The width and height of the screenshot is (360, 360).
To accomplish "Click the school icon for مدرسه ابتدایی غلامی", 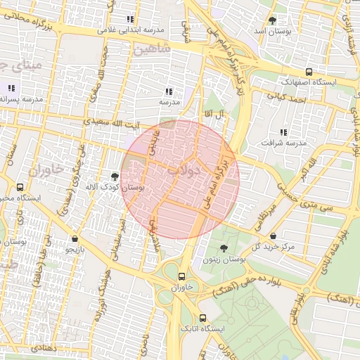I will point(129,20).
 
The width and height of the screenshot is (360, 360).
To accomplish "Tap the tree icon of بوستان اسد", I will point(272,20).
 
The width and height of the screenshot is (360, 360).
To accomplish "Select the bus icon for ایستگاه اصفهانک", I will point(309,71).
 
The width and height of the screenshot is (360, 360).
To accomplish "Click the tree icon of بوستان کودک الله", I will point(115,176).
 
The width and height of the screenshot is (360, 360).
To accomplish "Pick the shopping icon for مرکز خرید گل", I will point(283,236).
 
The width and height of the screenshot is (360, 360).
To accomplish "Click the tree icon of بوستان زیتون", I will point(224,248).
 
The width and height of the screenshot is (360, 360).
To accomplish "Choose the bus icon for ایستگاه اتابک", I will point(202,317).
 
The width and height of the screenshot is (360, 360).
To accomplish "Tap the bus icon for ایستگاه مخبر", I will point(20,188).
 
